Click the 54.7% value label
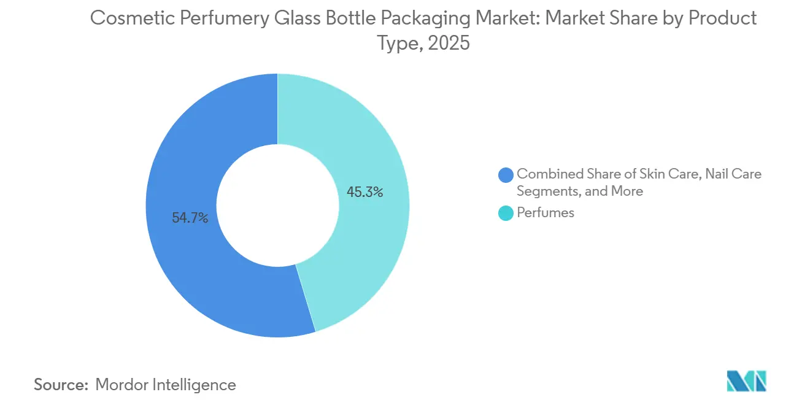190,217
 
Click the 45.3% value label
364,192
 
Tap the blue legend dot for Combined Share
506,175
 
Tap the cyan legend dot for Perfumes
506,213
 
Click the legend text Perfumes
546,213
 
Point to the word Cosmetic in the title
127,18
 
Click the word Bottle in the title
337,18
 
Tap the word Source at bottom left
61,385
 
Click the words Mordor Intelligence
166,385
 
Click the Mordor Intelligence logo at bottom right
746,380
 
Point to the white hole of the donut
277,205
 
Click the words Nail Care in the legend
733,174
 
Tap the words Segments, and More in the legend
579,191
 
